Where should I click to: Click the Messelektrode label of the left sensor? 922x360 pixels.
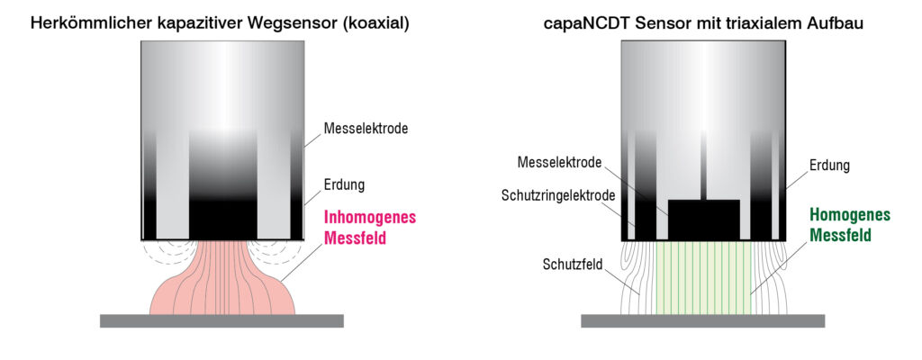tap(366, 129)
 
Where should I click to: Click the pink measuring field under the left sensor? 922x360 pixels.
tap(221, 288)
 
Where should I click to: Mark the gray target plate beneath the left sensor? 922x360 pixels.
tap(221, 320)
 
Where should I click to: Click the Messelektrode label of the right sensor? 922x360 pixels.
tap(560, 163)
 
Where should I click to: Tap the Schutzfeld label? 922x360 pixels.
tap(573, 265)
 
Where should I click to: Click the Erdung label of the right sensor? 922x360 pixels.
tap(828, 166)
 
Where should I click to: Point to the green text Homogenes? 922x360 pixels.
tap(850, 215)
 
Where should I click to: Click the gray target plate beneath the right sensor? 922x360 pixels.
tap(702, 320)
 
